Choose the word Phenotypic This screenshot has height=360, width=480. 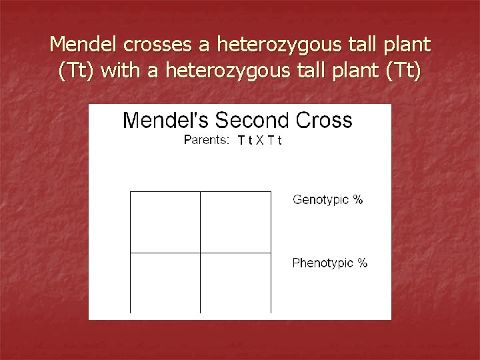(x=323, y=263)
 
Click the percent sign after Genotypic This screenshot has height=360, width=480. (x=358, y=199)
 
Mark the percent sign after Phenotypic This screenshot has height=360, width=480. (x=362, y=263)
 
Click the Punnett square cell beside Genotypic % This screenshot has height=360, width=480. (x=235, y=222)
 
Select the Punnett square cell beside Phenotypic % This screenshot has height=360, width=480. (x=235, y=283)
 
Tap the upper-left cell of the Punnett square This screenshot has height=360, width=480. (x=165, y=222)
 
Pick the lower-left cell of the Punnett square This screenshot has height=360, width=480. (x=165, y=283)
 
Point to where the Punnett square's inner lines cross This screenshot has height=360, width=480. (x=200, y=253)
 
